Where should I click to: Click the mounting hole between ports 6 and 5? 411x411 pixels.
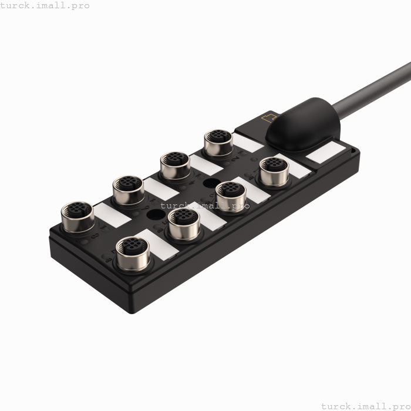(154, 215)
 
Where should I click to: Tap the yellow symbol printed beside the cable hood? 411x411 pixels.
(270, 117)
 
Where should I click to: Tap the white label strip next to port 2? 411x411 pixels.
(249, 143)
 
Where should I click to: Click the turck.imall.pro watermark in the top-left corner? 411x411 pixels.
(45, 5)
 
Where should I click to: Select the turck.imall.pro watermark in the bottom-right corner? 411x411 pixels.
(365, 406)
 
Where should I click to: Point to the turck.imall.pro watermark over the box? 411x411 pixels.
(205, 206)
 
